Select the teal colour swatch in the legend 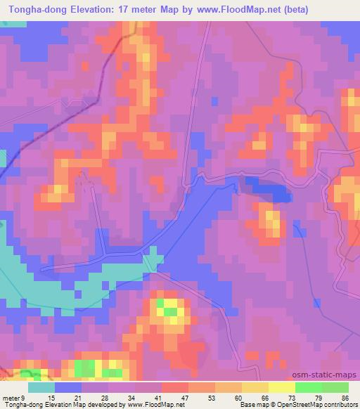click(x=41, y=387)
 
